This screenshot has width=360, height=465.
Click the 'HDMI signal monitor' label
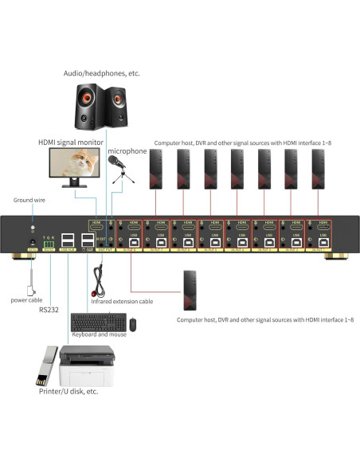(70, 143)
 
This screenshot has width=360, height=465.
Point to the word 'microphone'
(127, 150)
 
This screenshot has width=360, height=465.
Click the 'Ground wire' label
(27, 200)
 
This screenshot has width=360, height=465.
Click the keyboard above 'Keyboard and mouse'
(97, 322)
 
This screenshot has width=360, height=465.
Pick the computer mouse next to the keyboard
(133, 323)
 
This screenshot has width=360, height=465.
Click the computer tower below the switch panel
(189, 290)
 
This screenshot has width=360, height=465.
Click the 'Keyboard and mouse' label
(98, 335)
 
